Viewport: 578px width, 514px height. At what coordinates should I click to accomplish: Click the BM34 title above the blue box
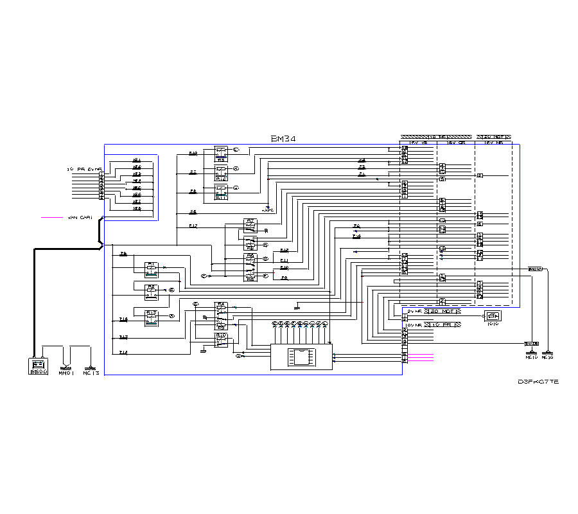click(283, 139)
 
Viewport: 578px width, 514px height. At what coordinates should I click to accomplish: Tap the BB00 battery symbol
click(39, 368)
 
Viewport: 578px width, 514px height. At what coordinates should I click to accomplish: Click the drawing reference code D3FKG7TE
click(538, 382)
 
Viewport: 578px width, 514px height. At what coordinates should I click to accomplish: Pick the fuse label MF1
click(137, 160)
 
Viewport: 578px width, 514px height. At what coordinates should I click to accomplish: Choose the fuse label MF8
click(137, 208)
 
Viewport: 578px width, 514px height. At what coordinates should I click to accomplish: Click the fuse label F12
click(193, 226)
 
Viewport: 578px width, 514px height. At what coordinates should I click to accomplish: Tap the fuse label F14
click(123, 352)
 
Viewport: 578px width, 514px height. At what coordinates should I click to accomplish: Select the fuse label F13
click(123, 337)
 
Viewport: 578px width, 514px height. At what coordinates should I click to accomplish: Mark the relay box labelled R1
click(152, 268)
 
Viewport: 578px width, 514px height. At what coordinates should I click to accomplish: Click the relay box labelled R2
click(152, 290)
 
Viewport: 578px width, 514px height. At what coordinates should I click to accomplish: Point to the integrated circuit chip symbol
click(301, 356)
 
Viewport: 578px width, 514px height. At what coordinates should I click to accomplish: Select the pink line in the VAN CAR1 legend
click(51, 218)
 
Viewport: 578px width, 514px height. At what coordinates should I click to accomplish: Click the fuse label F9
click(284, 278)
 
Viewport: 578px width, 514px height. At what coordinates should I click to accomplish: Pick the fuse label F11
click(284, 260)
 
